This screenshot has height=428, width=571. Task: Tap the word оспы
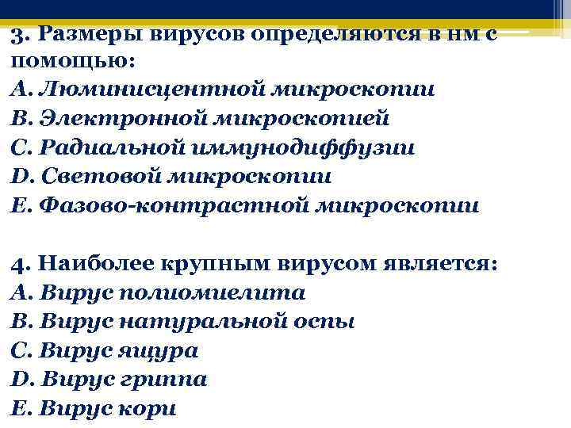326,322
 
